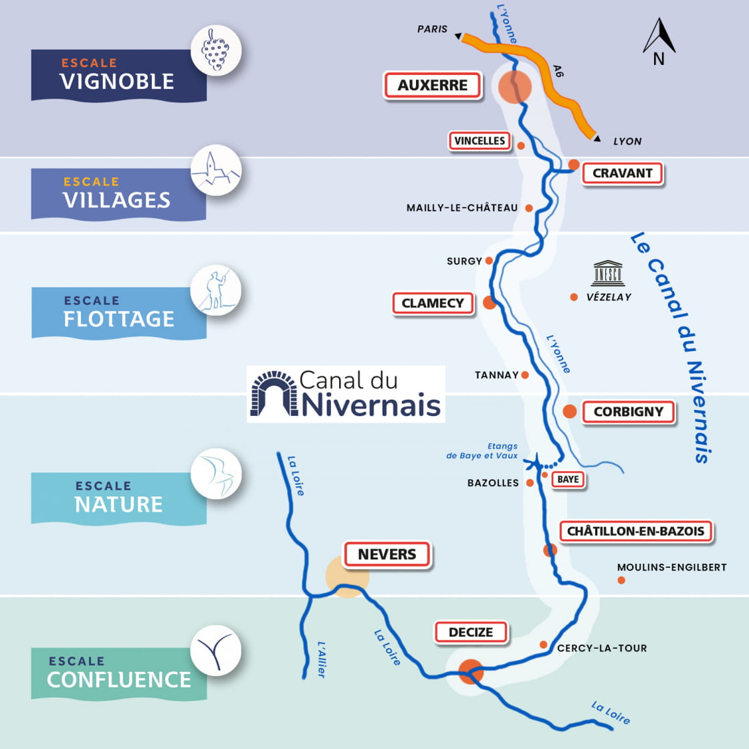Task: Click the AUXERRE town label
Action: point(433,86)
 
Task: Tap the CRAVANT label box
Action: point(622,173)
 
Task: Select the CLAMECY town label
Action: point(433,303)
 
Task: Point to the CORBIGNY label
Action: point(628,412)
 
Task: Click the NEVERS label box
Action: point(387,554)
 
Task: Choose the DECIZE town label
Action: point(471,633)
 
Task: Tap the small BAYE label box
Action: point(568,479)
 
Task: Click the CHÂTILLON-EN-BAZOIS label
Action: point(635,532)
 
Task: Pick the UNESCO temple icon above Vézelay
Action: point(608,273)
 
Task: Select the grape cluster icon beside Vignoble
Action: point(215,50)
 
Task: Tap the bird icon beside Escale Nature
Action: point(215,473)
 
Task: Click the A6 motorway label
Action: point(558,70)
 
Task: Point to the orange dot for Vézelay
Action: point(574,297)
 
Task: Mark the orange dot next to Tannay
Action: point(525,375)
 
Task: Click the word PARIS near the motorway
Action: point(432,29)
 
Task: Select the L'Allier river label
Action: point(322,659)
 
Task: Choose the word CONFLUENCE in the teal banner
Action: point(119,679)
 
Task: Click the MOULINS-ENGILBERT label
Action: point(671,567)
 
